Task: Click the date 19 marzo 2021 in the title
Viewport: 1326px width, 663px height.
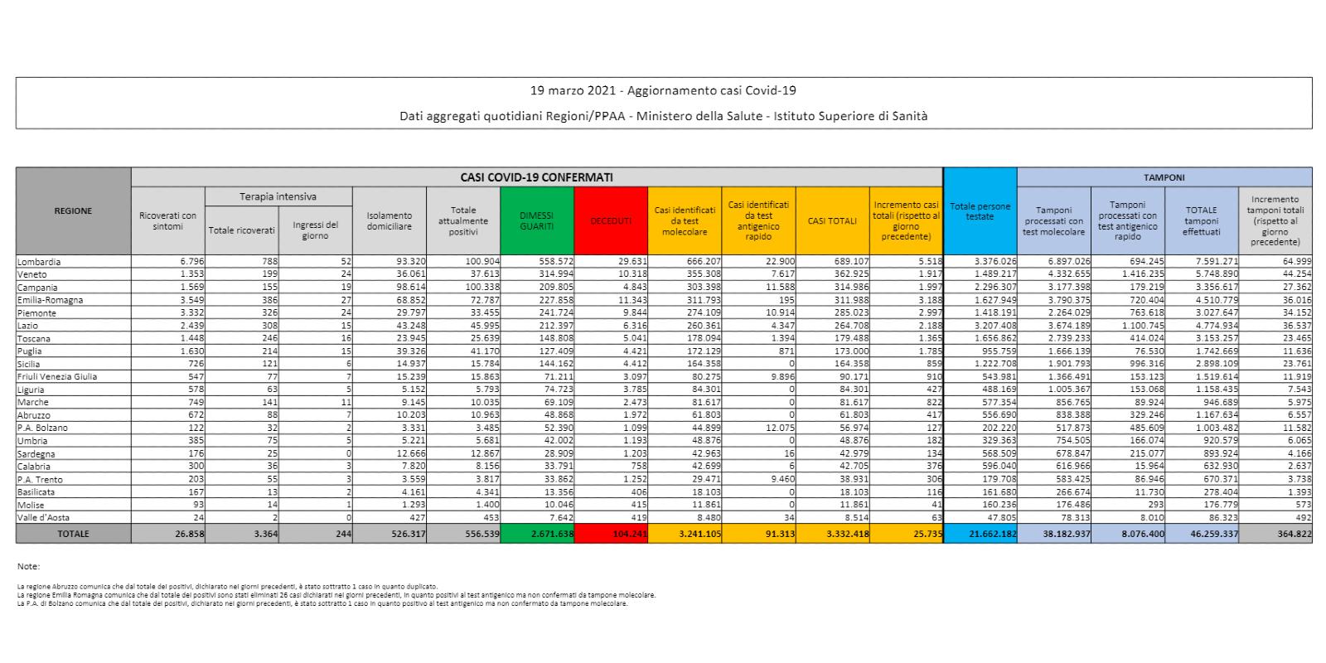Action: pyautogui.click(x=574, y=90)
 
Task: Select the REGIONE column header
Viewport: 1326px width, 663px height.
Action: pyautogui.click(x=73, y=211)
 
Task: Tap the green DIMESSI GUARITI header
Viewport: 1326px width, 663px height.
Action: pyautogui.click(x=536, y=220)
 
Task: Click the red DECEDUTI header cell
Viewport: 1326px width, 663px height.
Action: pyautogui.click(x=610, y=221)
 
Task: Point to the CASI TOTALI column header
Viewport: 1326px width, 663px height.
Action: pyautogui.click(x=832, y=221)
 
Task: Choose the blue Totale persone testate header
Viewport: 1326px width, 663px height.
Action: pyautogui.click(x=980, y=211)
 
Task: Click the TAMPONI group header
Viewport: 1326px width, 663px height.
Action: pyautogui.click(x=1164, y=177)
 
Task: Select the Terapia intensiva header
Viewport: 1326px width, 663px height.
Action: pyautogui.click(x=278, y=196)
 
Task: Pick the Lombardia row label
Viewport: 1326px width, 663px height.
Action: pyautogui.click(x=39, y=262)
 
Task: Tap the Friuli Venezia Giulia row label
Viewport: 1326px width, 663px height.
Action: pyautogui.click(x=56, y=377)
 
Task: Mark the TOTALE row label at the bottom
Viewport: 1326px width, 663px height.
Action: pyautogui.click(x=73, y=535)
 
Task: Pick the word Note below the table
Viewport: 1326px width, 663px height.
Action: pyautogui.click(x=28, y=567)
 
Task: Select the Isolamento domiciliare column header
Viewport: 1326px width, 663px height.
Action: pyautogui.click(x=389, y=221)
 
